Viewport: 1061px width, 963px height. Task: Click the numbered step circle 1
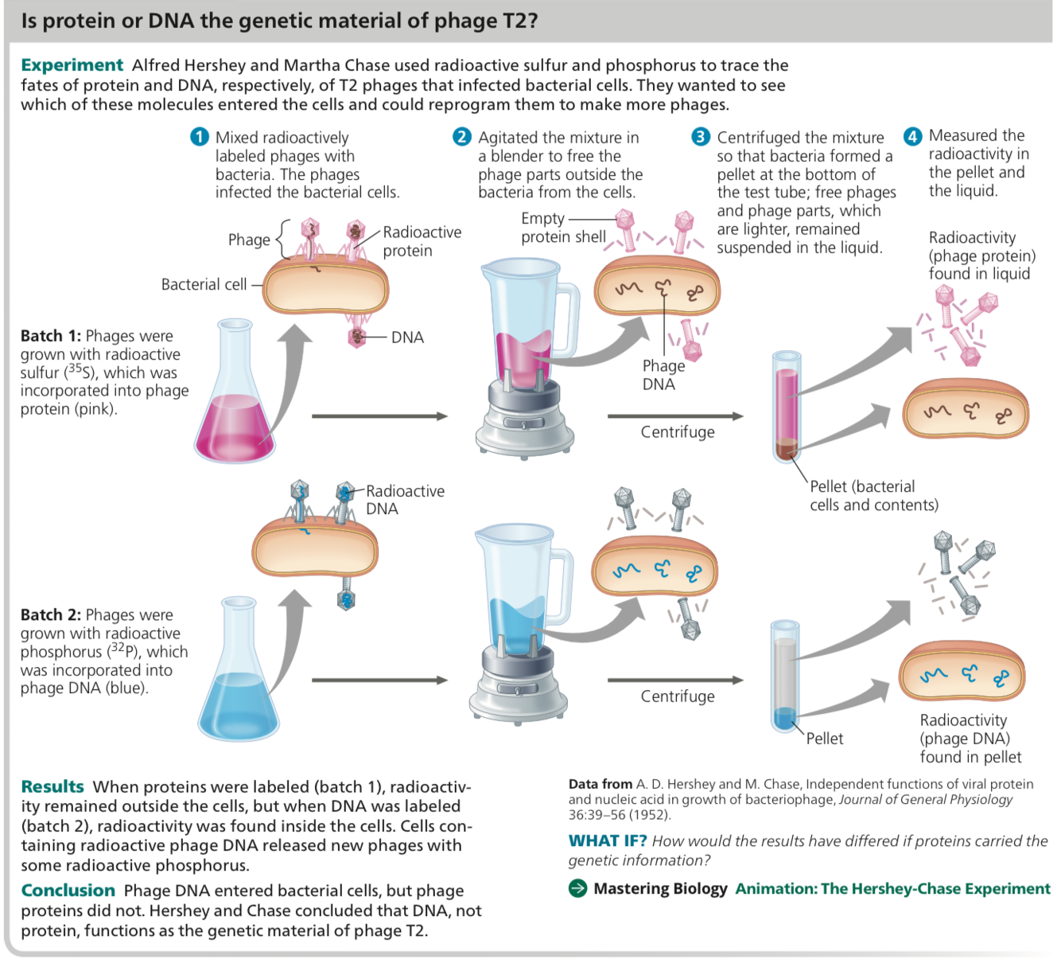click(199, 138)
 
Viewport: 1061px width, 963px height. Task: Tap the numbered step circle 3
click(700, 137)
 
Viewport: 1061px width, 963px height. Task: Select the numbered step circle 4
click(912, 136)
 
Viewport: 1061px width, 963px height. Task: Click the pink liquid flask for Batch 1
click(235, 398)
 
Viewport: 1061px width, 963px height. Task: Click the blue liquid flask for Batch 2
click(238, 676)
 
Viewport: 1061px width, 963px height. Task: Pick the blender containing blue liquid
click(521, 629)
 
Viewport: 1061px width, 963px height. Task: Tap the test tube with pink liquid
click(786, 406)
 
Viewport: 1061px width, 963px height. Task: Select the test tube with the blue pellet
click(784, 676)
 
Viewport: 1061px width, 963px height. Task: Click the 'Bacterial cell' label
click(204, 284)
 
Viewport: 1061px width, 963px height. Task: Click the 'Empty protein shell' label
click(563, 228)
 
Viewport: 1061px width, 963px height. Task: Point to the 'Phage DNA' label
click(663, 375)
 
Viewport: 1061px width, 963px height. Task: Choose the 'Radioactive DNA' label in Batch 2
click(404, 500)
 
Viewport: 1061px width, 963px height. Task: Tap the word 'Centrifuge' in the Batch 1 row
click(678, 432)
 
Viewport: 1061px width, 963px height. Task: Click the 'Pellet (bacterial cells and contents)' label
click(873, 496)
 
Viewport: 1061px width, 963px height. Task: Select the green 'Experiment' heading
click(72, 65)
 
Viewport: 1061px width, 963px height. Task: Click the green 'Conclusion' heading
click(68, 891)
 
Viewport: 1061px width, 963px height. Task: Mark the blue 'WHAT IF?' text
click(608, 841)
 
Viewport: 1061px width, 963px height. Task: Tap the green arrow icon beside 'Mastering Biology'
click(578, 889)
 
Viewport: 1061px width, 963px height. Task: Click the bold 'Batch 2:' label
click(51, 615)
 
